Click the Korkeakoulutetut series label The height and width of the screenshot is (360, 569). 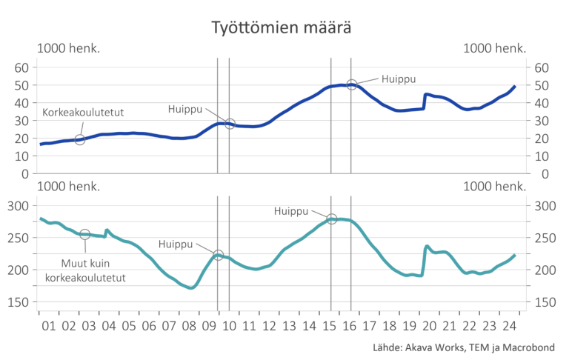(82, 113)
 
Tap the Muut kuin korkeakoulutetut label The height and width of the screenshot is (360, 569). (85, 270)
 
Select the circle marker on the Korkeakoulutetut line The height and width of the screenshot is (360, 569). (80, 139)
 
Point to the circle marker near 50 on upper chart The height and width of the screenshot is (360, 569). (352, 85)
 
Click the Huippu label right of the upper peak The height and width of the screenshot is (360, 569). (399, 78)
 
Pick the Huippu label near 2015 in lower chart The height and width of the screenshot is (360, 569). (290, 211)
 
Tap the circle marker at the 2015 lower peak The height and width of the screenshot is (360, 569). (332, 219)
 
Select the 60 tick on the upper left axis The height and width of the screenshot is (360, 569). (22, 67)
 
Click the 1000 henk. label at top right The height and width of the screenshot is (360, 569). (495, 48)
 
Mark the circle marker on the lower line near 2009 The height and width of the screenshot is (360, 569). (218, 256)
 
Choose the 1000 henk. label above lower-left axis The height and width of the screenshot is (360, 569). (69, 186)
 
